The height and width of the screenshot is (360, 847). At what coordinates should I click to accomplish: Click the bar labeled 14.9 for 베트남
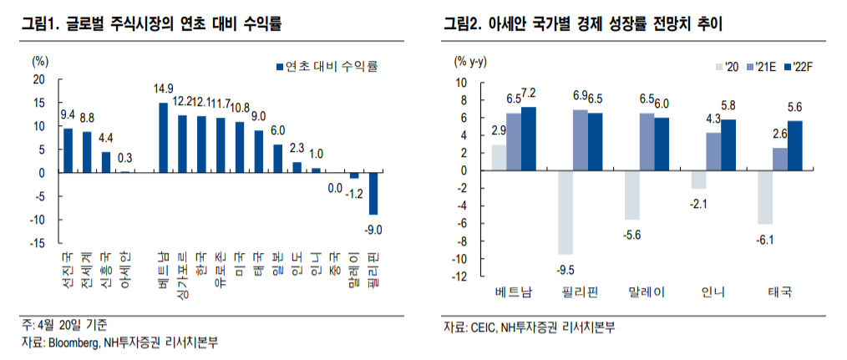[x=163, y=138]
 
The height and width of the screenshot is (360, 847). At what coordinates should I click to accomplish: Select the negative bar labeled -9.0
[x=373, y=194]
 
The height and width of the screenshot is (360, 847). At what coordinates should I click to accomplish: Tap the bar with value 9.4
[x=68, y=150]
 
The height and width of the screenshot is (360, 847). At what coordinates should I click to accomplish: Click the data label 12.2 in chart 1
[x=182, y=102]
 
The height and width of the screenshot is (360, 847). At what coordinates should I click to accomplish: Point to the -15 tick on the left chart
[x=38, y=243]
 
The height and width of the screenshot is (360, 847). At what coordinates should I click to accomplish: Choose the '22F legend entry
[x=802, y=66]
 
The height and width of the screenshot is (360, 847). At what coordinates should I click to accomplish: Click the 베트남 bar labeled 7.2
[x=528, y=139]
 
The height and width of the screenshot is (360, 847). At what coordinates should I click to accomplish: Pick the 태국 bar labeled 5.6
[x=794, y=145]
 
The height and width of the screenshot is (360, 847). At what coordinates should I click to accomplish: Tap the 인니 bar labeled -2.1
[x=698, y=180]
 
